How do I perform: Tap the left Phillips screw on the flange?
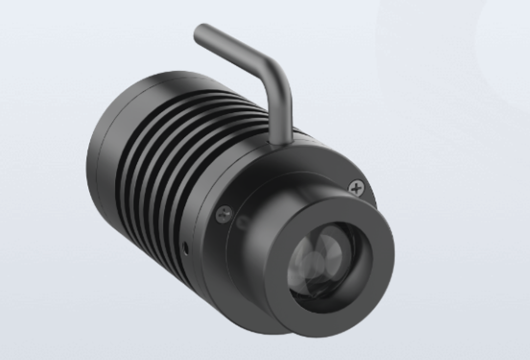(x=224, y=214)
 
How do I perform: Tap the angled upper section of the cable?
(x=235, y=49)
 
